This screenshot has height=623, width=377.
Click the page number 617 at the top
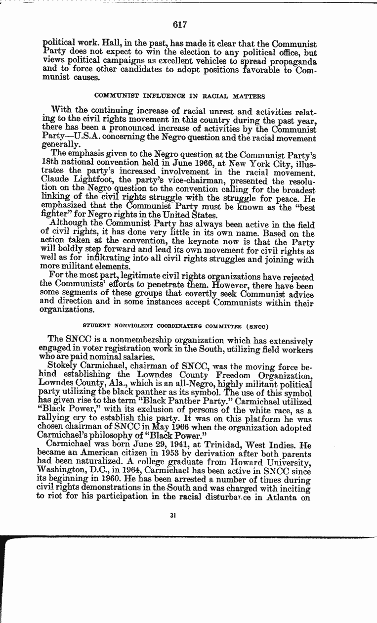tap(180, 25)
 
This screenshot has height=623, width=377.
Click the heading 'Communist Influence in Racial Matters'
tap(179, 96)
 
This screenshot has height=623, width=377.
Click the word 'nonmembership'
tap(129, 341)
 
